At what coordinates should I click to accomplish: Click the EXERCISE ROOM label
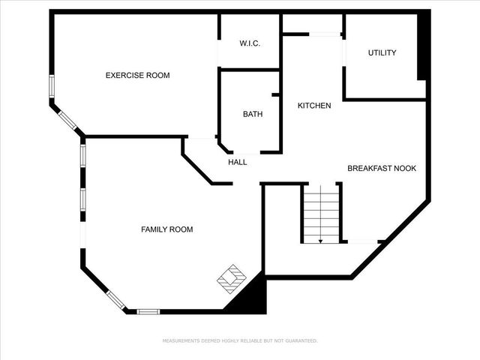pos(137,75)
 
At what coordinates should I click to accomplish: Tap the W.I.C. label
pos(250,43)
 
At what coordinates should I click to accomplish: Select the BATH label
pos(252,114)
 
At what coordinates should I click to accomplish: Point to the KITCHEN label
pos(314,106)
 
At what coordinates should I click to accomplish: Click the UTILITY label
pos(382,52)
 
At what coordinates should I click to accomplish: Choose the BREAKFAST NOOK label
pos(381,169)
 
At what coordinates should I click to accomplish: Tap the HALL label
pos(238,162)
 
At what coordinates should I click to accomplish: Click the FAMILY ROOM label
pos(167,229)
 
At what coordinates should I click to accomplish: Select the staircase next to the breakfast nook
pos(321,213)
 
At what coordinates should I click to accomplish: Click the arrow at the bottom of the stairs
pos(321,240)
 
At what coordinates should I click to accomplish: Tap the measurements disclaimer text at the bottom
pos(240,340)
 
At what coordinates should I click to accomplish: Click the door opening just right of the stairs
pos(361,241)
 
